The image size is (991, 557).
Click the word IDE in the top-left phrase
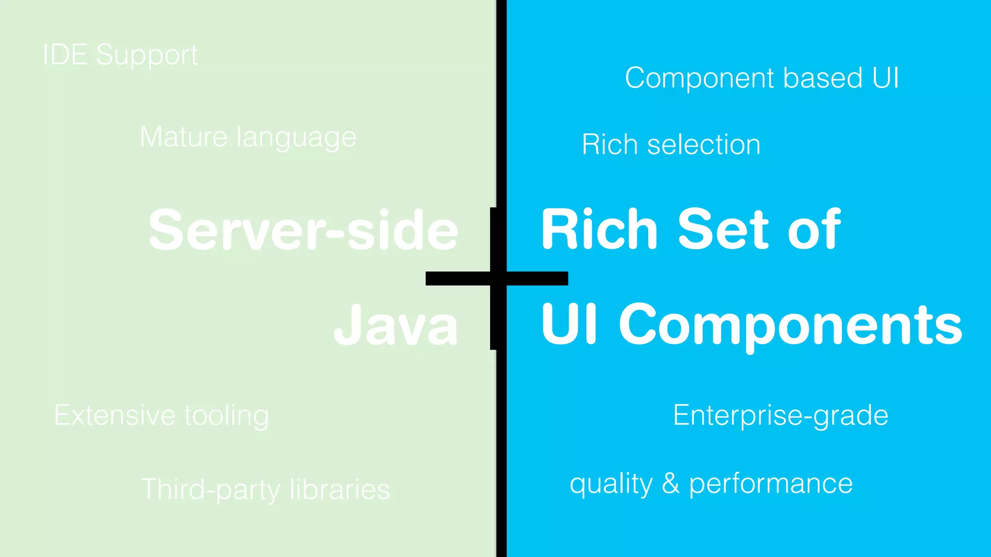point(65,55)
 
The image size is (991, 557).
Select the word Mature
point(183,137)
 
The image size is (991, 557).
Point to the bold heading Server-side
point(303,230)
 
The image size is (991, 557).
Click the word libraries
point(340,489)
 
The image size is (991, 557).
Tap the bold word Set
point(723,229)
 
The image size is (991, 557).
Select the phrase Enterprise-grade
point(781,415)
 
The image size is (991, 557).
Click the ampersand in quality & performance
point(671,484)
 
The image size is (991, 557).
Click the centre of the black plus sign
point(497,278)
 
